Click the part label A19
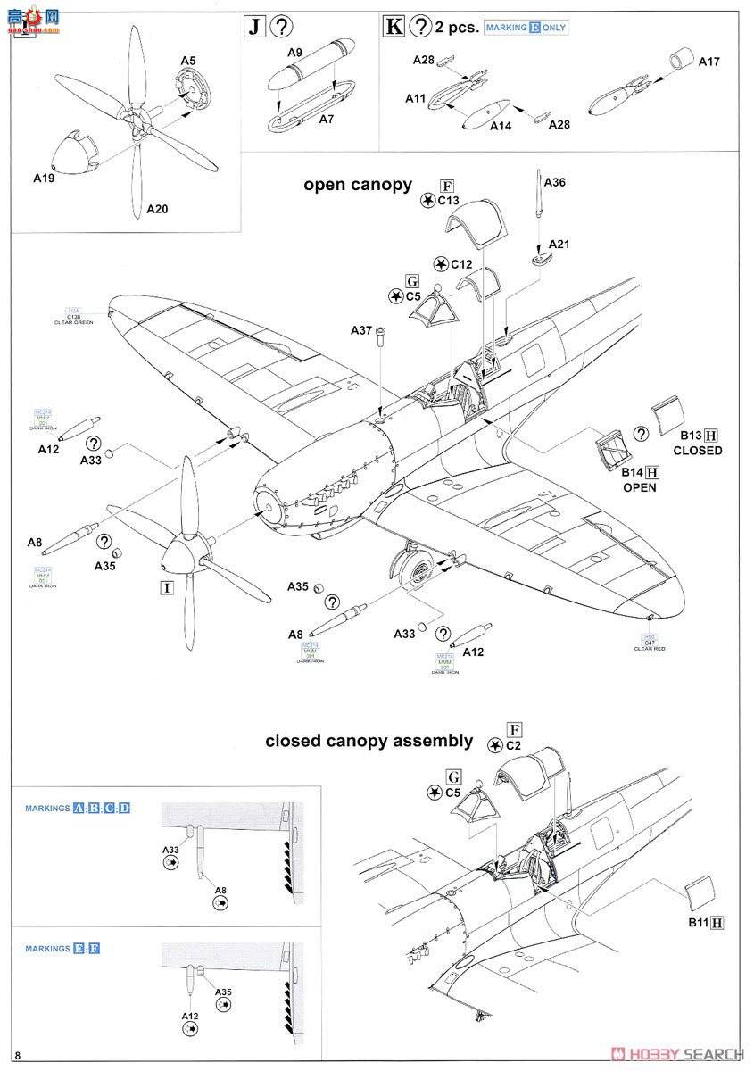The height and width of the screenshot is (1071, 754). pyautogui.click(x=33, y=177)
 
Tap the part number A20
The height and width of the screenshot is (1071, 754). pyautogui.click(x=157, y=209)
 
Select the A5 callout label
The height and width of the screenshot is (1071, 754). pyautogui.click(x=187, y=61)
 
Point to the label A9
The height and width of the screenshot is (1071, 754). pyautogui.click(x=295, y=52)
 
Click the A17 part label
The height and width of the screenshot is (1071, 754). pyautogui.click(x=708, y=62)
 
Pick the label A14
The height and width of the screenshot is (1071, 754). pyautogui.click(x=501, y=127)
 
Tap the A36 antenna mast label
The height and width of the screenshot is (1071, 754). pyautogui.click(x=554, y=182)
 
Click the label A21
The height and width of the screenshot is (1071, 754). pyautogui.click(x=559, y=244)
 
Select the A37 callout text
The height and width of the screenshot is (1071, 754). pyautogui.click(x=361, y=331)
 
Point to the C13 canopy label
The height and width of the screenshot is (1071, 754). pyautogui.click(x=448, y=201)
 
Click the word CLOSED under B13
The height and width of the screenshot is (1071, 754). pyautogui.click(x=698, y=451)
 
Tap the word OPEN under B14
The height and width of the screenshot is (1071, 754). pyautogui.click(x=640, y=487)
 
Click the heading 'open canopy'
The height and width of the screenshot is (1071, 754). pyautogui.click(x=358, y=185)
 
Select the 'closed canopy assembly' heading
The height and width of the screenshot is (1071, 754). pyautogui.click(x=369, y=741)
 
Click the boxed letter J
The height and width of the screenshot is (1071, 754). pyautogui.click(x=254, y=26)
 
